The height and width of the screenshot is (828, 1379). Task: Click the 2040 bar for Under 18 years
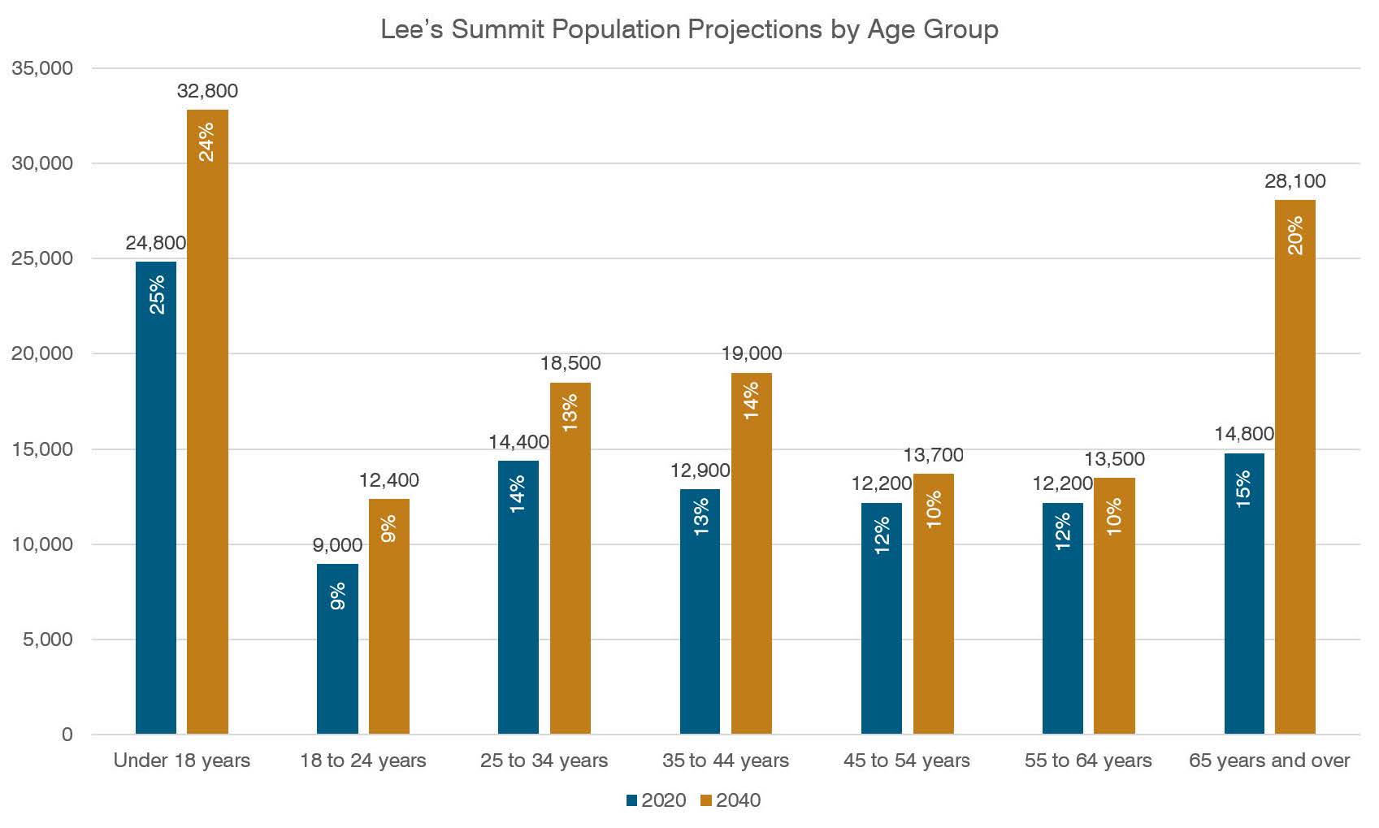click(207, 423)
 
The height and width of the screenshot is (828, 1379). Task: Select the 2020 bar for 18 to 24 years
click(337, 650)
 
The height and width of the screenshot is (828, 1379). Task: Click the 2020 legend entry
click(656, 800)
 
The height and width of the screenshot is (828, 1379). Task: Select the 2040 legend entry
click(731, 800)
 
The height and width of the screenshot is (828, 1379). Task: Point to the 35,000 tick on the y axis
click(42, 68)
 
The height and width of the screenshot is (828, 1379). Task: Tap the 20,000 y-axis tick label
click(42, 353)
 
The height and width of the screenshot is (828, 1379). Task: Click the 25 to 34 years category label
click(544, 761)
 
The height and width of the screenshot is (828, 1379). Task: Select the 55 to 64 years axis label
click(1088, 761)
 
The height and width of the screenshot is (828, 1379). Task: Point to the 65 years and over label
click(1269, 761)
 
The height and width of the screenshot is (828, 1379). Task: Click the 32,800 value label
click(207, 91)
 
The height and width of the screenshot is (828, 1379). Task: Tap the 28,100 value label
click(1294, 181)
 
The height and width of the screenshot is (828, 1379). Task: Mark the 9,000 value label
click(337, 545)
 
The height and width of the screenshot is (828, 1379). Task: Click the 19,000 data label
click(752, 353)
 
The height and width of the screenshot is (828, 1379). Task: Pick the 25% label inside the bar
click(157, 294)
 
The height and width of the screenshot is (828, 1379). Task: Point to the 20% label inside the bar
click(1295, 236)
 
